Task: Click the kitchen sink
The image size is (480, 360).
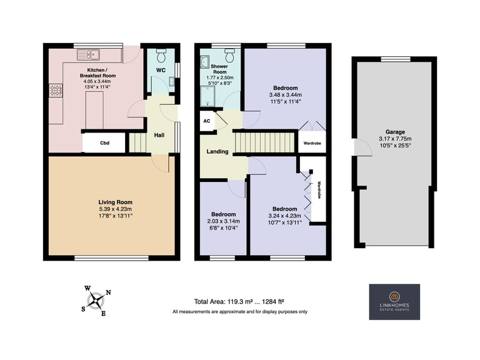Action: point(89,55)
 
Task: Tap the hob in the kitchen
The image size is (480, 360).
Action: point(56,91)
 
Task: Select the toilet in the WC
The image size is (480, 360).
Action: point(161,55)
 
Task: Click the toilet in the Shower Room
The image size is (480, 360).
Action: point(229,55)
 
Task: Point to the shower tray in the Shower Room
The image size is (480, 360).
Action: point(207,96)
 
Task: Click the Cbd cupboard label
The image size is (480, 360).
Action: point(105,143)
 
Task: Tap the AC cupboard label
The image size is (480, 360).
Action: point(207,121)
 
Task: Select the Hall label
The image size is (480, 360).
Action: point(159,135)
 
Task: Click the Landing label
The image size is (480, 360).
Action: point(217,151)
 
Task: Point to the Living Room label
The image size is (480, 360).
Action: point(116,202)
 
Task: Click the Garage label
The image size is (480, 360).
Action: point(395,132)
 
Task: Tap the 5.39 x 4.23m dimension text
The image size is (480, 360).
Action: point(116,209)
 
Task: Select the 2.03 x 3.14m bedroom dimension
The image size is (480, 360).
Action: point(224,221)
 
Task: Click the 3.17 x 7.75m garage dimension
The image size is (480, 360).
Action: point(395,139)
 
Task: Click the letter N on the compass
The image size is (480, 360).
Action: point(108,292)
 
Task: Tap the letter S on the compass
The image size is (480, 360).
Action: point(83,309)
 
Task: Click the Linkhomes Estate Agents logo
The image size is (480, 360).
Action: point(394,302)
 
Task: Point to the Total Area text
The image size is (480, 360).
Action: point(239,302)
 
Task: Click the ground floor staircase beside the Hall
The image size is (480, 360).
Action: point(137,142)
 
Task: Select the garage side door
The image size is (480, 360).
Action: point(363,147)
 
